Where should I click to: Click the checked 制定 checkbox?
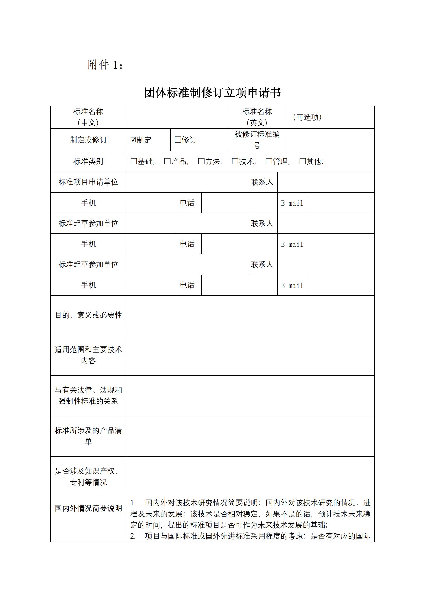[133, 140]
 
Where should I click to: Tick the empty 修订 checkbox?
[178, 140]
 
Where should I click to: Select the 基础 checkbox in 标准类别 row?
[134, 161]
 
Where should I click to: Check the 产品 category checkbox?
[168, 161]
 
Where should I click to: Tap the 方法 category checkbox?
[201, 161]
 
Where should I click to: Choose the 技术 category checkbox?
[235, 161]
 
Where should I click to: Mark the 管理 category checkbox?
[269, 161]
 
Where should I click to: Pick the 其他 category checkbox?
[302, 161]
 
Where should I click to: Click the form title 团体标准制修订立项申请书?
[212, 93]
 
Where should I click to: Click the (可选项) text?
[307, 117]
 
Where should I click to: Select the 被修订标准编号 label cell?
[257, 140]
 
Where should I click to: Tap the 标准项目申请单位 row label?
[88, 182]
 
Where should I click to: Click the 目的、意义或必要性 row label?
[88, 315]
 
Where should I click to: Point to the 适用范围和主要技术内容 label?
[88, 355]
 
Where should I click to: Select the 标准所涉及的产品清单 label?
[88, 436]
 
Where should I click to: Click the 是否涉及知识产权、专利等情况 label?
[88, 476]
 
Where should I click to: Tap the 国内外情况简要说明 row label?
[88, 508]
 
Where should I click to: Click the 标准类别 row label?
[88, 161]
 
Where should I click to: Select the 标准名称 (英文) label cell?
[257, 117]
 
